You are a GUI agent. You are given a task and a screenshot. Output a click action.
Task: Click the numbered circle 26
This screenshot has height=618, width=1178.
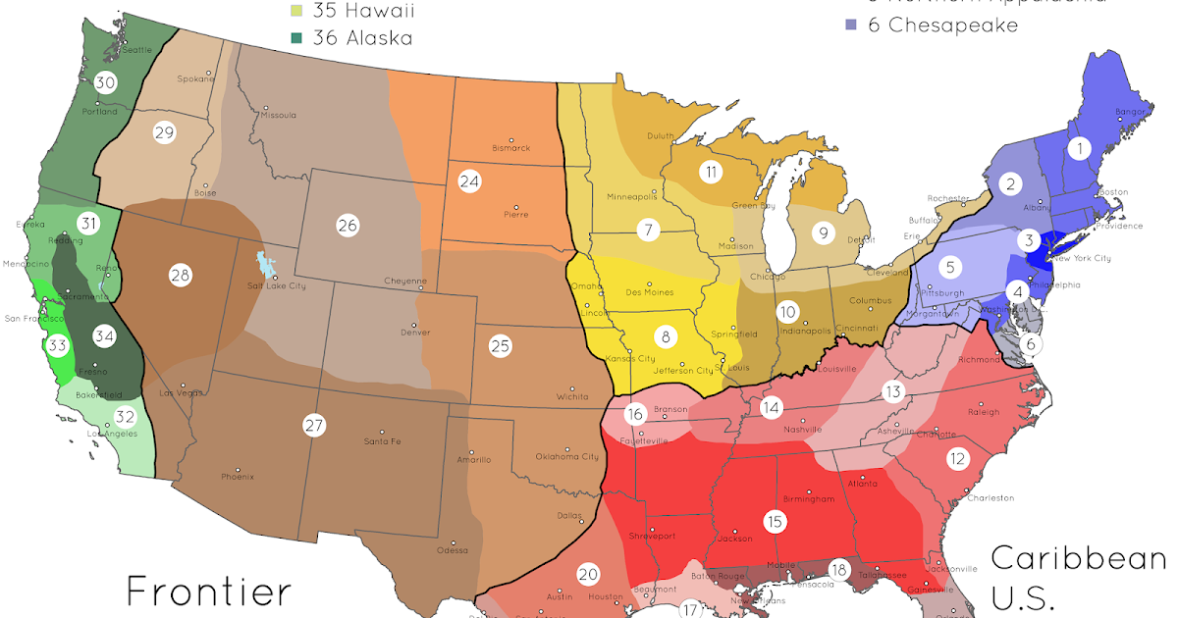click(x=348, y=225)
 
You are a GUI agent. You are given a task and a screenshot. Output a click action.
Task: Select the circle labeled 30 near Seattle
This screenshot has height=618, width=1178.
click(x=105, y=83)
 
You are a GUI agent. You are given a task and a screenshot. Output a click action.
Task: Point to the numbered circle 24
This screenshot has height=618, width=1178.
click(x=470, y=181)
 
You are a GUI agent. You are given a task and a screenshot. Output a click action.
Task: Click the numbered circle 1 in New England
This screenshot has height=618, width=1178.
click(x=1079, y=149)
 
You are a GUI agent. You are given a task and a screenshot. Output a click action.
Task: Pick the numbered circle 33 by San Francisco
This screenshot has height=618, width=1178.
click(x=58, y=345)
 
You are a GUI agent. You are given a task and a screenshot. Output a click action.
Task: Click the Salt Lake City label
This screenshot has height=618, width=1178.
click(x=277, y=285)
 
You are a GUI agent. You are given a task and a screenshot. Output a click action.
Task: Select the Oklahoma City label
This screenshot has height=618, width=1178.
click(x=566, y=456)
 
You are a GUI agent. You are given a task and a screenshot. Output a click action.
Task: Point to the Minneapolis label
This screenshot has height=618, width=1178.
click(x=631, y=196)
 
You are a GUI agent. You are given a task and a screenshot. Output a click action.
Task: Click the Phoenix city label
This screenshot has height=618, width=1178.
click(x=238, y=477)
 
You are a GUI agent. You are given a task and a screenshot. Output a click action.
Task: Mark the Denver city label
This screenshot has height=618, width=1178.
click(x=415, y=332)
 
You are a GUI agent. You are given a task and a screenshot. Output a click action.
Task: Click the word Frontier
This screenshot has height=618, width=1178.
click(x=208, y=592)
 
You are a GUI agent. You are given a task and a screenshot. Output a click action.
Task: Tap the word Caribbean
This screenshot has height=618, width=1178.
click(x=1077, y=558)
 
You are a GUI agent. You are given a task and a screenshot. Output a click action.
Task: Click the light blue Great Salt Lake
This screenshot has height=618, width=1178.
click(x=261, y=265)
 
